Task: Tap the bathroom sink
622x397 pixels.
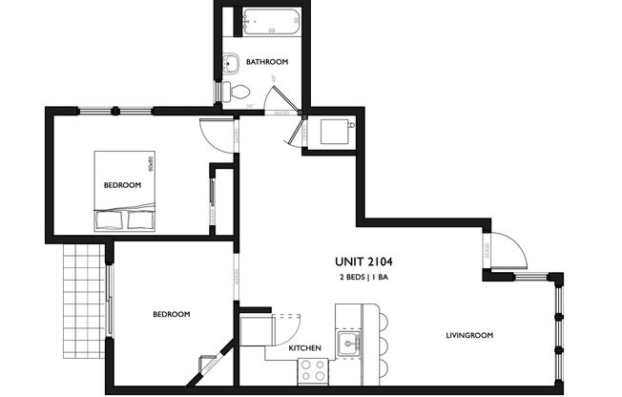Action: [230, 64]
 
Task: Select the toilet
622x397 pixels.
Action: [238, 92]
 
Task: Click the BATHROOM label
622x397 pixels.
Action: [267, 62]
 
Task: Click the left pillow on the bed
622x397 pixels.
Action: [110, 221]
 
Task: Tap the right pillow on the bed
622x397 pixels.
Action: [140, 221]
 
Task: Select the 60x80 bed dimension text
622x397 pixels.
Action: [151, 161]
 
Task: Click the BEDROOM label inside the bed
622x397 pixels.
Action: [122, 185]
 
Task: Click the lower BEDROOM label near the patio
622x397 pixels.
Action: [171, 314]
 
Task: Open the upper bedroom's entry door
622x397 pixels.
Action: [218, 134]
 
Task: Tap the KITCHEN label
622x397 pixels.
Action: [304, 348]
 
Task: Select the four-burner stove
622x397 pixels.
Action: [314, 371]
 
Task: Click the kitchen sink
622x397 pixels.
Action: [350, 342]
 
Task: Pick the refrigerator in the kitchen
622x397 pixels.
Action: [256, 332]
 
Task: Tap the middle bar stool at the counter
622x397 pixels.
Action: [383, 344]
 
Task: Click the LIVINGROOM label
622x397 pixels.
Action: [470, 335]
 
